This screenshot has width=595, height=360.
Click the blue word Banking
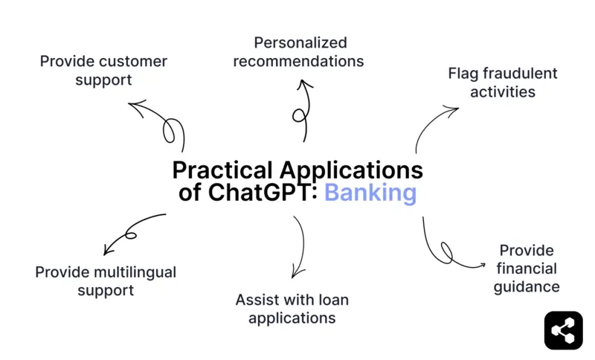point(370,193)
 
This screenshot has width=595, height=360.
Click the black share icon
point(563,330)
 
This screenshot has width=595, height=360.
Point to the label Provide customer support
point(103,70)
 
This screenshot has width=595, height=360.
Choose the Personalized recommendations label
point(298,52)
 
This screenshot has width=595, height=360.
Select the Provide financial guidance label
point(526,269)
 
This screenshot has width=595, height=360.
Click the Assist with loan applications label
point(292,309)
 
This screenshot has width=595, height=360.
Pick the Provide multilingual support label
point(106,281)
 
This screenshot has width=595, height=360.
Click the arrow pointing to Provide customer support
point(160,123)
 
